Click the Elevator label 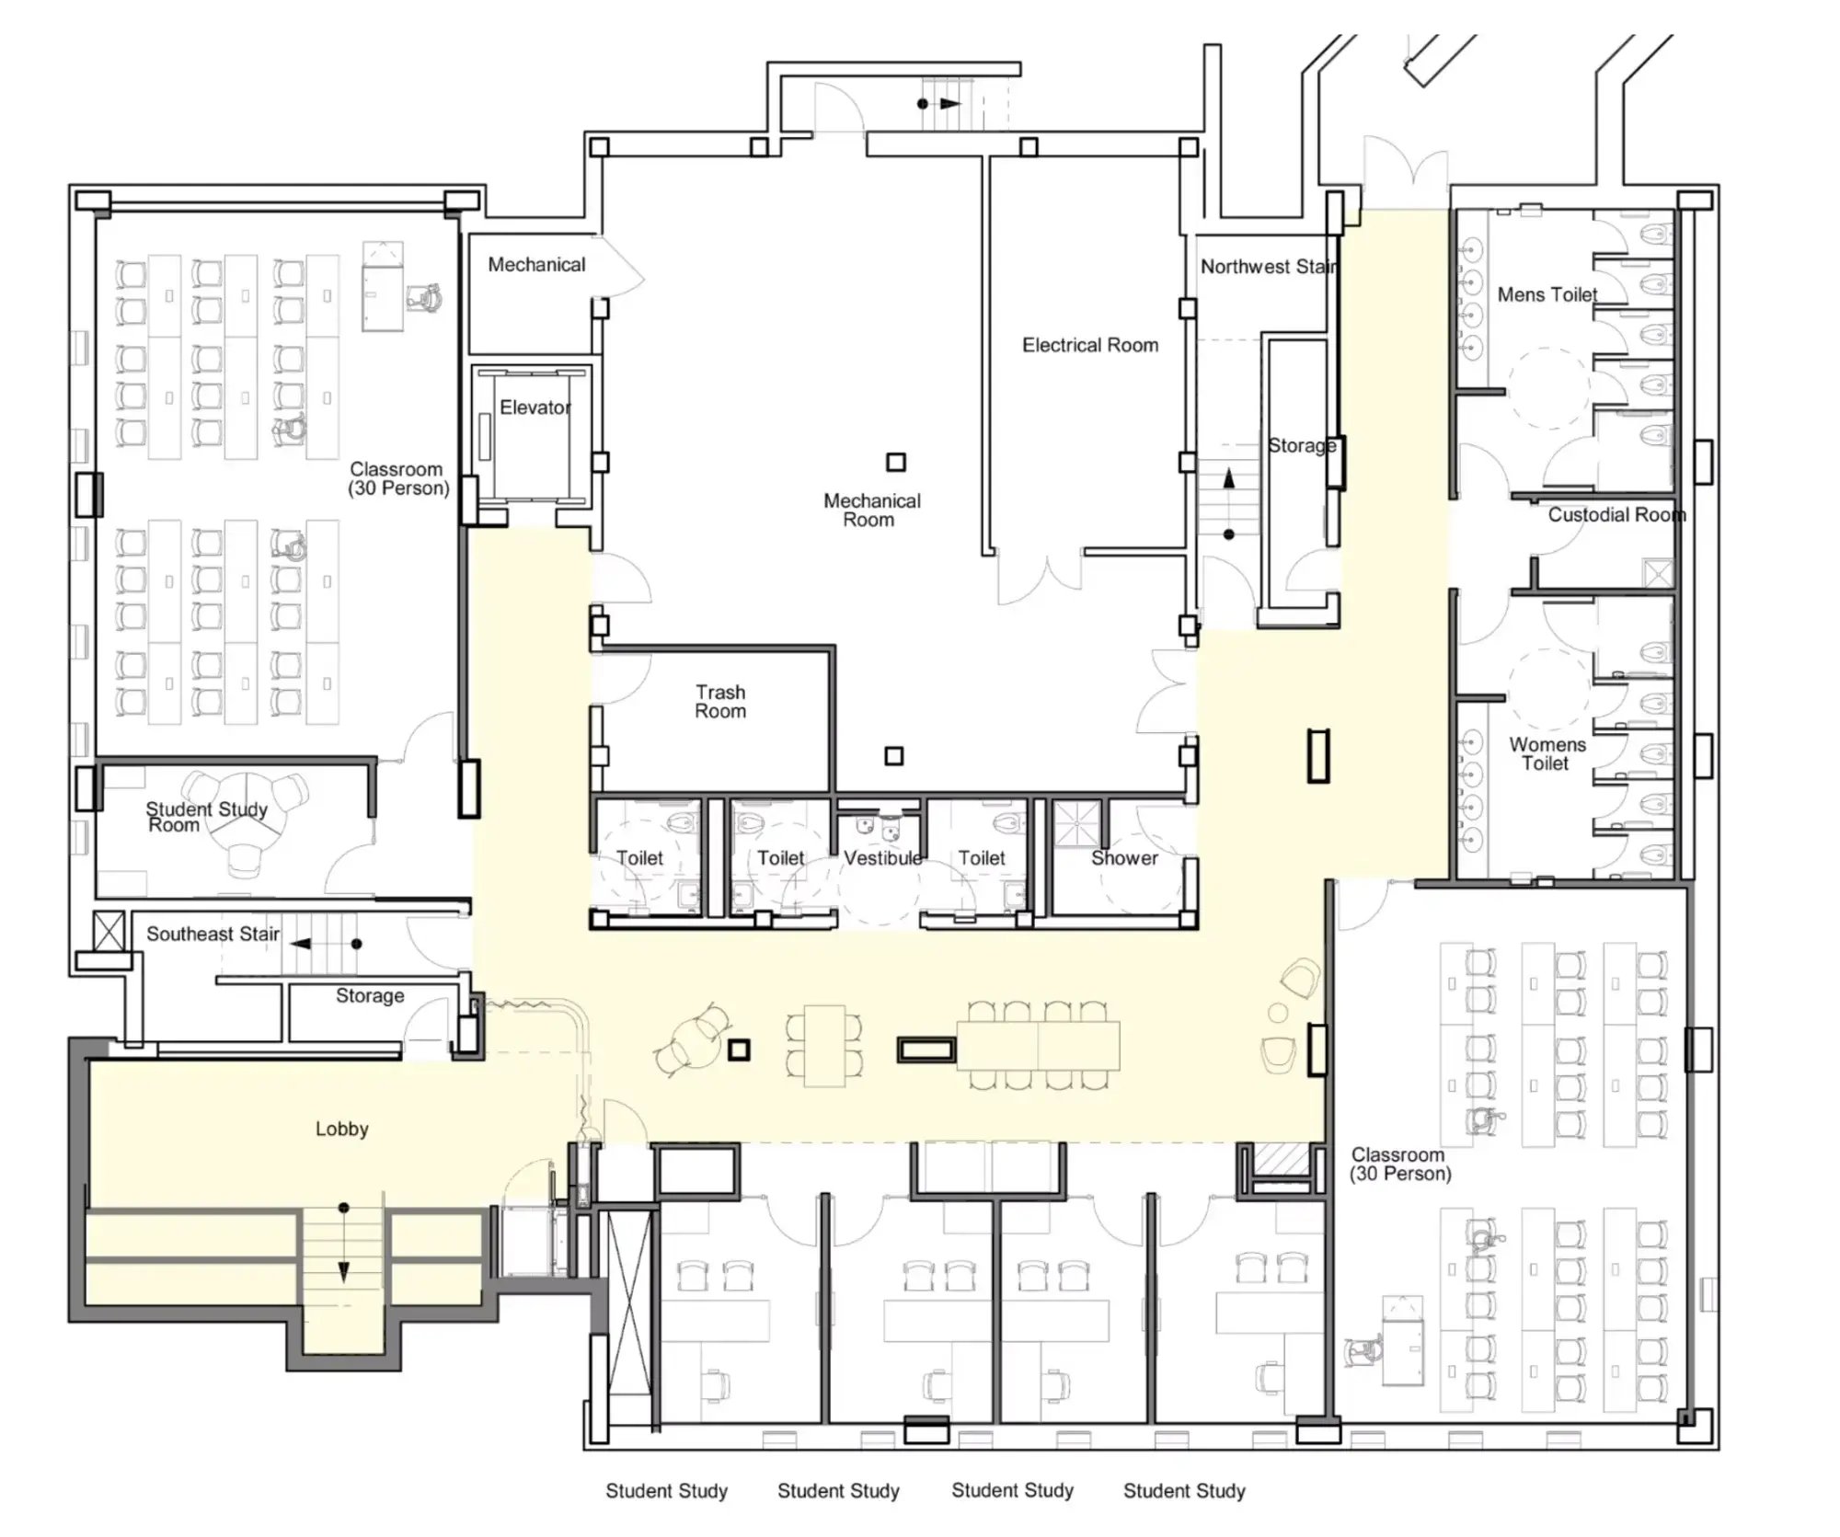(x=535, y=407)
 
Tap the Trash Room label (x=720, y=701)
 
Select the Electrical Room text (x=1090, y=345)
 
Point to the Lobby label (x=341, y=1129)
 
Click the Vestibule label (x=882, y=857)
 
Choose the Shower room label (x=1124, y=857)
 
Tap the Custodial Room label (x=1616, y=514)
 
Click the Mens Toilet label (x=1547, y=294)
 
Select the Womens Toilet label (x=1547, y=753)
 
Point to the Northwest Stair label (x=1269, y=267)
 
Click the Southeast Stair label (x=213, y=934)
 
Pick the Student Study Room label (x=206, y=817)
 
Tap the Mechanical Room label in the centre (x=871, y=510)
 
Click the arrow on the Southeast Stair (x=327, y=944)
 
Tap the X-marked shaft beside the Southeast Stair (x=109, y=931)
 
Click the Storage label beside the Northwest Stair (x=1302, y=445)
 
